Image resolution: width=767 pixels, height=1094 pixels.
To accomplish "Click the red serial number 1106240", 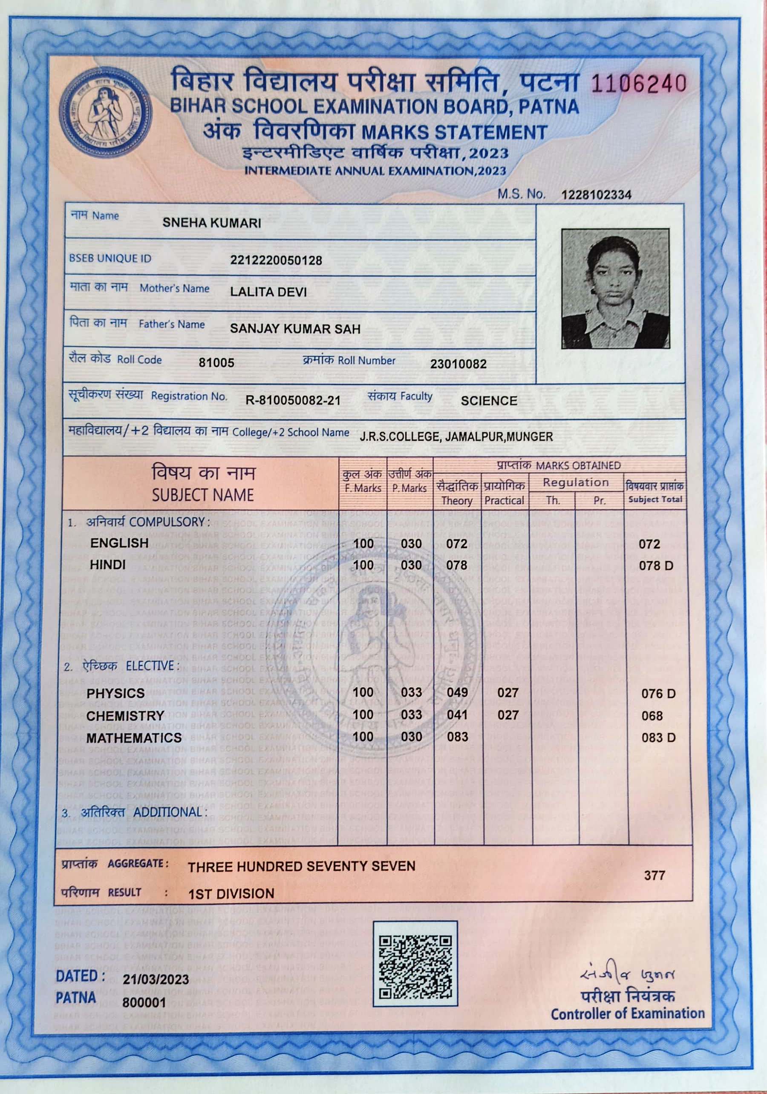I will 638,84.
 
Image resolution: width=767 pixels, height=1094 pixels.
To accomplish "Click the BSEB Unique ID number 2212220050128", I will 276,261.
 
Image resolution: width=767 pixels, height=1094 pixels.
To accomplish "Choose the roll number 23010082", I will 458,365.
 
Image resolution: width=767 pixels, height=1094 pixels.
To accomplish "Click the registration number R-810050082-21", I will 293,400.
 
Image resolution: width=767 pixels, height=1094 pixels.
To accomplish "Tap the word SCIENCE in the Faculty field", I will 489,401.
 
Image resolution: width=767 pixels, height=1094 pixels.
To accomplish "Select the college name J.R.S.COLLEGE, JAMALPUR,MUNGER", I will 456,436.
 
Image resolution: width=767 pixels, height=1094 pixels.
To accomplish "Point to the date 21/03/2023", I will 156,979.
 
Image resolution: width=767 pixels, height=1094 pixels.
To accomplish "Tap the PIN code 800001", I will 144,1002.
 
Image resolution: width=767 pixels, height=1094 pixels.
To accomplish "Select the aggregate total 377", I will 654,875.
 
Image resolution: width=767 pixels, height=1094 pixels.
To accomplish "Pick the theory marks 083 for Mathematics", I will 457,737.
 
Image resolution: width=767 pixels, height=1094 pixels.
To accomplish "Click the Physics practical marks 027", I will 507,693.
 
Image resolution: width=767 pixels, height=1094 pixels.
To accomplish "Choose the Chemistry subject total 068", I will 652,716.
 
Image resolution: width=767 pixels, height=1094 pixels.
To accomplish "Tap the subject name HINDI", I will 108,565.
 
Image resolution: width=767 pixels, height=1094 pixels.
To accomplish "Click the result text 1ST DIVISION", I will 231,893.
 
